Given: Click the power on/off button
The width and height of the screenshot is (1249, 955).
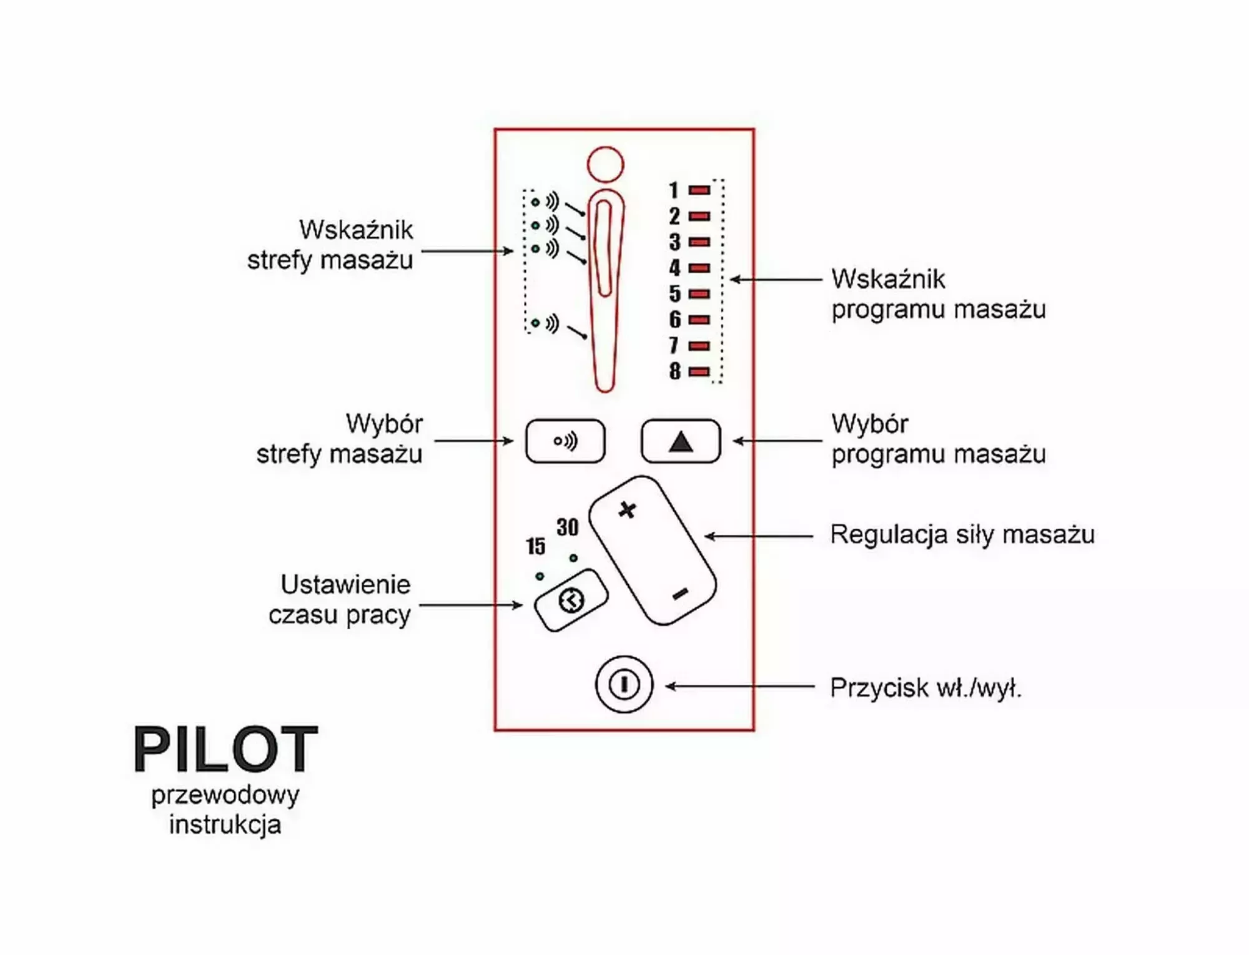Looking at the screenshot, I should (623, 685).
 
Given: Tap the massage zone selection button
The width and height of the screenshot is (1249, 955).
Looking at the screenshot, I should (565, 441).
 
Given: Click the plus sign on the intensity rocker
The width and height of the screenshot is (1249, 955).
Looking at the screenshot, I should (628, 510).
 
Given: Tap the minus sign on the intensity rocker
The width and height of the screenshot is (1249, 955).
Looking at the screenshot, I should (680, 594).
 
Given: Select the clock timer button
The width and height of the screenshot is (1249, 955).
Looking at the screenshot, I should (571, 600).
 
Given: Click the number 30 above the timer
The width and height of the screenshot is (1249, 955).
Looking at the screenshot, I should (568, 527).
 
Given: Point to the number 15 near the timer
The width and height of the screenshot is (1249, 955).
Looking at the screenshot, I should (535, 547).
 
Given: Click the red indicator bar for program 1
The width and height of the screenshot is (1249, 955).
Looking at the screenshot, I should (699, 190).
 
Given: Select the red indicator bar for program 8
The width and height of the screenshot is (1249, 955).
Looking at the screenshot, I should (699, 371).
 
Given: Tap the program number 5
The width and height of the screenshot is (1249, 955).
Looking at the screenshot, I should (675, 293).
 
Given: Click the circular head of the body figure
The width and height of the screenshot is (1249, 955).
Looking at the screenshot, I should (605, 164).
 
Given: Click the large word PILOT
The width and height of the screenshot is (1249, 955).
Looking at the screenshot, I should (225, 749).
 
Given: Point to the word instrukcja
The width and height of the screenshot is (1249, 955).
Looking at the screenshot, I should (225, 825).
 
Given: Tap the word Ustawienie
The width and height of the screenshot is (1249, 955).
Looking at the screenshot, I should (345, 585).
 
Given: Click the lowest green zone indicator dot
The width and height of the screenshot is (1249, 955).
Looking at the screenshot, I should (535, 323).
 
